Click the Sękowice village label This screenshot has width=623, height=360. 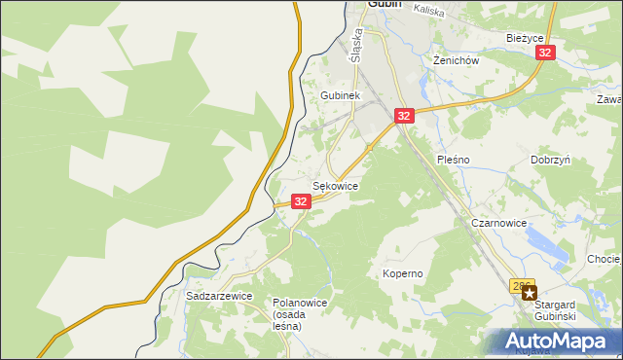(x=335, y=185)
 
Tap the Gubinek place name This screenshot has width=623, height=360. (x=341, y=96)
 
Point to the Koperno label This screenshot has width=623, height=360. (x=402, y=273)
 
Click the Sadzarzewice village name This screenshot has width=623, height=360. (x=219, y=295)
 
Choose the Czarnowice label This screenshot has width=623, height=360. (x=498, y=223)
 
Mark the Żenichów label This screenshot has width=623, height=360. (x=455, y=59)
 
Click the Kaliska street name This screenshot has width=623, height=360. (x=428, y=9)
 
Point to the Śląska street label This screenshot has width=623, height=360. (x=357, y=44)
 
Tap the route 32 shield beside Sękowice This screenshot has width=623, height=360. (x=300, y=200)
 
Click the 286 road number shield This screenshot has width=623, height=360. (x=523, y=286)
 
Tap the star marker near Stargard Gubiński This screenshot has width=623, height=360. (x=529, y=292)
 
